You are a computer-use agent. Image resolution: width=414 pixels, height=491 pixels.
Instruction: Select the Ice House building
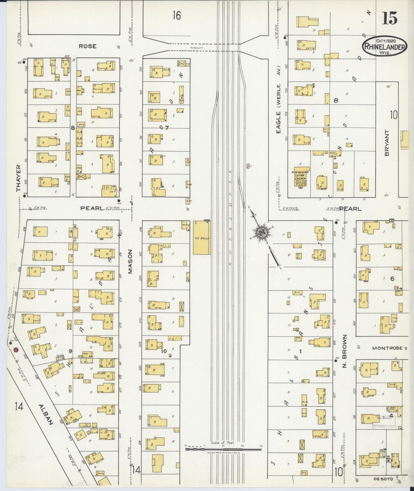click(202, 238)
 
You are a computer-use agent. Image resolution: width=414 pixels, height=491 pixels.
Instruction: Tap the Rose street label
click(88, 46)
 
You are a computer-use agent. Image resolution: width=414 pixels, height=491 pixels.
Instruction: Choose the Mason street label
click(130, 261)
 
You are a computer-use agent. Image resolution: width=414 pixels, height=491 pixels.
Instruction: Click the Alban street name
click(46, 415)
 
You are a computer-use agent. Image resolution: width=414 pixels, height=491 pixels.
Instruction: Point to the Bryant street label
click(387, 143)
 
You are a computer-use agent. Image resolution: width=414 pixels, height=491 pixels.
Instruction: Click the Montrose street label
click(387, 348)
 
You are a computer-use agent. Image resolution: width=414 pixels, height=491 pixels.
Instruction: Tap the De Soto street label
click(383, 479)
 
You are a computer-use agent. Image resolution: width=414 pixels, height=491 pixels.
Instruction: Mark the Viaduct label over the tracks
click(197, 48)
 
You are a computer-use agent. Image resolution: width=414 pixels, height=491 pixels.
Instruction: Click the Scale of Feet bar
click(223, 449)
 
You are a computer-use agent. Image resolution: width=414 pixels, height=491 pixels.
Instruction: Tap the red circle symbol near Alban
click(16, 350)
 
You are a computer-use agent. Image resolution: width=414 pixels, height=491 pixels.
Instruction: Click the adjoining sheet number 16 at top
click(177, 15)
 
